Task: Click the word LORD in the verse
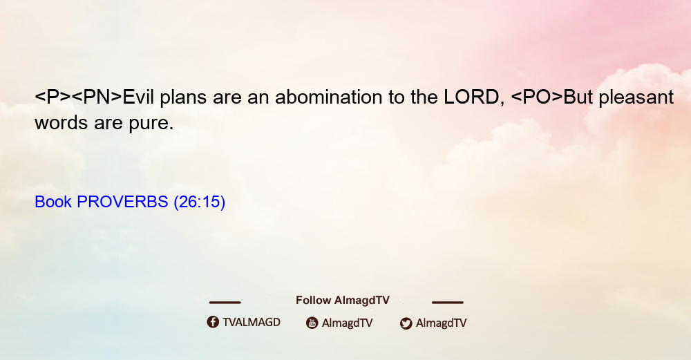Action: coord(471,97)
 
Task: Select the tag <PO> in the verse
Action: coord(537,97)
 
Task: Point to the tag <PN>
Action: coord(97,97)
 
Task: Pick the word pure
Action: coord(151,124)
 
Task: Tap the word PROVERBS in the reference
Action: coord(122,202)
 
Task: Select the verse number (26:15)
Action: coord(200,202)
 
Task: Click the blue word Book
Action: coord(53,202)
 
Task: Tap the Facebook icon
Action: coord(213,322)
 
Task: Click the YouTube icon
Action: coord(312,323)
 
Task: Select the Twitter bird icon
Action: coord(406,323)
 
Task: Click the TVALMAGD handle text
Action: coord(252,322)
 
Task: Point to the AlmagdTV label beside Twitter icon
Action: coord(441,323)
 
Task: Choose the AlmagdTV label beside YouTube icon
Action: coord(348,323)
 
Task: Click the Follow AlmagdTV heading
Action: coord(343,301)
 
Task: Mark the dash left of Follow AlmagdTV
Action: coord(225,303)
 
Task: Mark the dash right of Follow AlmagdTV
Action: coord(448,303)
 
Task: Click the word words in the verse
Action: coord(61,123)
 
